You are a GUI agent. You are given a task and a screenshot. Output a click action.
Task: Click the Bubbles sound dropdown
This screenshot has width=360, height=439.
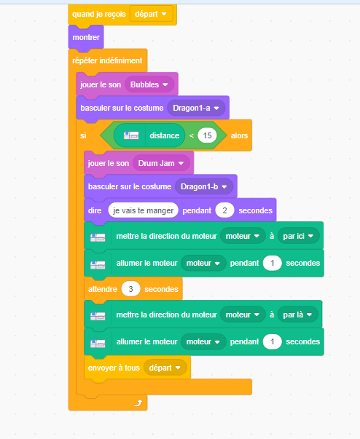(149, 84)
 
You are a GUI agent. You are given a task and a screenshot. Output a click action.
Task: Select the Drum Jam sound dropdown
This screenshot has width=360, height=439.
(161, 163)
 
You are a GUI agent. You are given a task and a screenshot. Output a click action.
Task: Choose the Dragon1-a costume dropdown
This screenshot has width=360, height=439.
(196, 108)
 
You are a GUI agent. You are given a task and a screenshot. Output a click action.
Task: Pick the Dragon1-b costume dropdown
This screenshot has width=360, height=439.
(204, 187)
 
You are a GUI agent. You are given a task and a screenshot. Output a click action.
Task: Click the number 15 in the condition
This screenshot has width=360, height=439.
(207, 135)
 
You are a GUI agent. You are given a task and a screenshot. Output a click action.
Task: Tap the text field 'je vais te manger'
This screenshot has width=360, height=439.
(143, 210)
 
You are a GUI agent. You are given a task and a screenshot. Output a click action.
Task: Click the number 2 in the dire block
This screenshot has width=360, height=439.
(224, 210)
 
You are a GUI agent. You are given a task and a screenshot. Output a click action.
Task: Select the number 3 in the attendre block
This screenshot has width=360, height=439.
(130, 289)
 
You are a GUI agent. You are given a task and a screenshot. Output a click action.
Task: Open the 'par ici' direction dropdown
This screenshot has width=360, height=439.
(298, 236)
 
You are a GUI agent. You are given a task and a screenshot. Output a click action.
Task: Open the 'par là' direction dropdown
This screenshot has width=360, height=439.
(298, 315)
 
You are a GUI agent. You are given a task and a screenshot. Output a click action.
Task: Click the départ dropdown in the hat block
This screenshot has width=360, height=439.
(151, 14)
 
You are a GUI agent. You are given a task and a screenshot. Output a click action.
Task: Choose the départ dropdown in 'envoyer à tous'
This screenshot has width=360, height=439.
(165, 368)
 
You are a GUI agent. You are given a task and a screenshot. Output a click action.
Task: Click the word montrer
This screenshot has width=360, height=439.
(86, 37)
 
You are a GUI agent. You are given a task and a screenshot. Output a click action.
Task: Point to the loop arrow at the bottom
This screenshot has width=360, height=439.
(138, 403)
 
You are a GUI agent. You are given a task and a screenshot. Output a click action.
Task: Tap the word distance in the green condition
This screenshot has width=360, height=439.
(165, 135)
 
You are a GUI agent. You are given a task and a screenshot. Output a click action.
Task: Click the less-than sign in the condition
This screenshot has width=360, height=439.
(192, 136)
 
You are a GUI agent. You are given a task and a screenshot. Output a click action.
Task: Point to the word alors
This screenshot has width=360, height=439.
(239, 135)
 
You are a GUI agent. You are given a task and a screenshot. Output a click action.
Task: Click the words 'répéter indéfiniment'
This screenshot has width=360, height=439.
(107, 60)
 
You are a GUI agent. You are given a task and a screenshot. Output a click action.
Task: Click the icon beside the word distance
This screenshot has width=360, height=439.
(131, 135)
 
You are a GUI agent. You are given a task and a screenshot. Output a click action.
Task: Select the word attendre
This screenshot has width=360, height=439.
(103, 289)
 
